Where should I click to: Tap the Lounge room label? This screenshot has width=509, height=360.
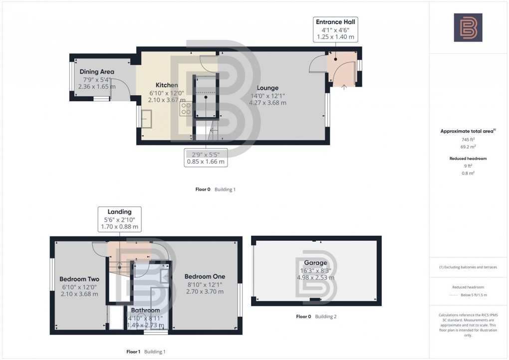click(268, 88)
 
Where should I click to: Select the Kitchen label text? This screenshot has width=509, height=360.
click(167, 85)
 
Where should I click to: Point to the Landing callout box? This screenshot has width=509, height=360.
click(119, 219)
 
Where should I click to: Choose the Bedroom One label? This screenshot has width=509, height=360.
click(205, 277)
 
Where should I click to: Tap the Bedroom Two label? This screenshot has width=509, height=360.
click(79, 279)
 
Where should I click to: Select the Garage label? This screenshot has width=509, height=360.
click(315, 263)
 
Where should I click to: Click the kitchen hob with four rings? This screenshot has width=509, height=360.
click(187, 109)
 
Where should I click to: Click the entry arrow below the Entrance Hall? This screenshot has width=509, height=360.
click(344, 87)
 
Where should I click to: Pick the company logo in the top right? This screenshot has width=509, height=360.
click(468, 27)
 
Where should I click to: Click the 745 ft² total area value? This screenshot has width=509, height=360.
click(468, 140)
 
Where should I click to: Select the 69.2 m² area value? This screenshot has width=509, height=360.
click(468, 148)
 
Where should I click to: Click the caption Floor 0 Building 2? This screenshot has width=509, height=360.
click(316, 317)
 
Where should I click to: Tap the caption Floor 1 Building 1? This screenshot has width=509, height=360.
click(146, 352)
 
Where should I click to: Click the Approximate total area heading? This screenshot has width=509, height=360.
click(467, 131)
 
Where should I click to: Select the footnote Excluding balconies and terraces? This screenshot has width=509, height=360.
click(468, 267)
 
